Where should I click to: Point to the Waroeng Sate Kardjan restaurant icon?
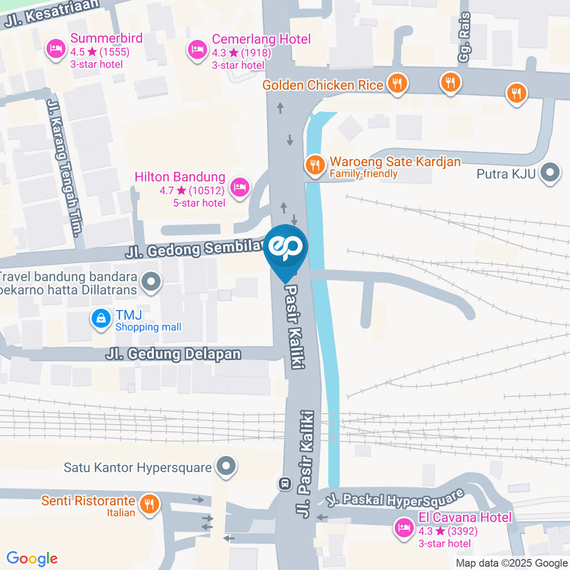pyautogui.click(x=314, y=163)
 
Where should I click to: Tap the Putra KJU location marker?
pyautogui.click(x=552, y=173)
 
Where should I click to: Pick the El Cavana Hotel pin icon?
pyautogui.click(x=404, y=527)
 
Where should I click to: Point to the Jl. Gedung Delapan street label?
pyautogui.click(x=173, y=354)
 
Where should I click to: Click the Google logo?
pyautogui.click(x=32, y=558)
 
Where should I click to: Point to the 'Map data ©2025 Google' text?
pyautogui.click(x=511, y=563)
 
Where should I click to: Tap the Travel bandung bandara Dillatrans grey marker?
pyautogui.click(x=151, y=282)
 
